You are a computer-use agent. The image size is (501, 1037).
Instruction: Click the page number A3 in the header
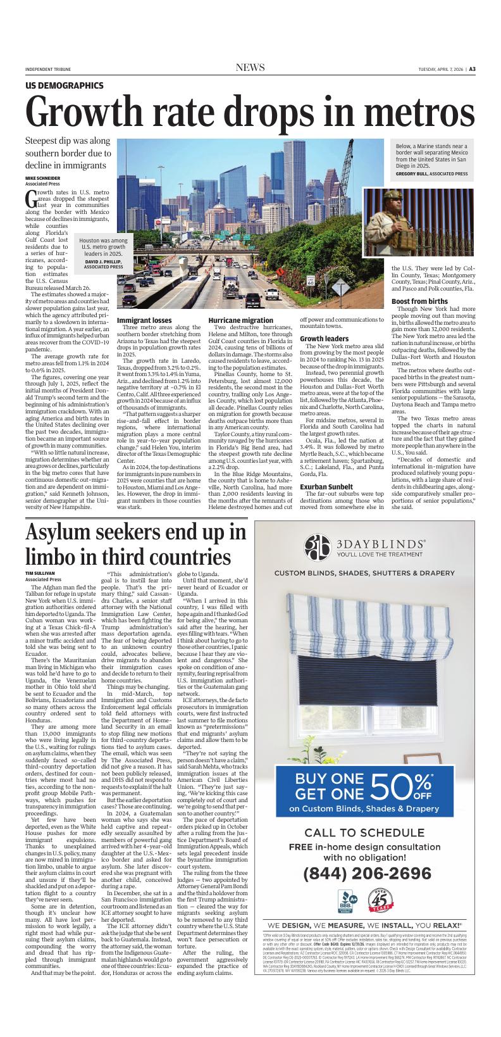[472, 69]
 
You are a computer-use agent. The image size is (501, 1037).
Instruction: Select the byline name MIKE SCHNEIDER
[43, 179]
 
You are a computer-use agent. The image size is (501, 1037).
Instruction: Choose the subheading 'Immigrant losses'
[144, 321]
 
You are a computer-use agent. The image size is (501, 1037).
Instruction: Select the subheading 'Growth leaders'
[324, 339]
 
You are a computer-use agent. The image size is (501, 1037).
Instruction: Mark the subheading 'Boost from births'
[419, 301]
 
